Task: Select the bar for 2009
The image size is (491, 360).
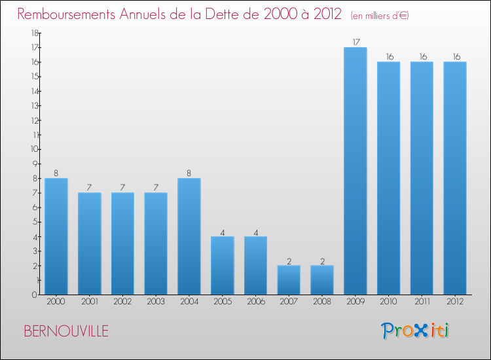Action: [355, 171]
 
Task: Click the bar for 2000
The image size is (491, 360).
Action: [56, 236]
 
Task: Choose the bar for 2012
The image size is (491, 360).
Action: [455, 178]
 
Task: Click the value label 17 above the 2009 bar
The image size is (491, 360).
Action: [355, 43]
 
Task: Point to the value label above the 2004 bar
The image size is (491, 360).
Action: [189, 173]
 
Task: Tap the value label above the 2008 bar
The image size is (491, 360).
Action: [322, 261]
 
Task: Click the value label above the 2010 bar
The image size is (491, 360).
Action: [389, 57]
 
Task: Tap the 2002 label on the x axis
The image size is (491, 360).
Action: [122, 302]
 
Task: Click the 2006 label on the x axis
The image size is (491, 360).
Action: [255, 302]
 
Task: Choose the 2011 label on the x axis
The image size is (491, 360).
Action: [422, 302]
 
